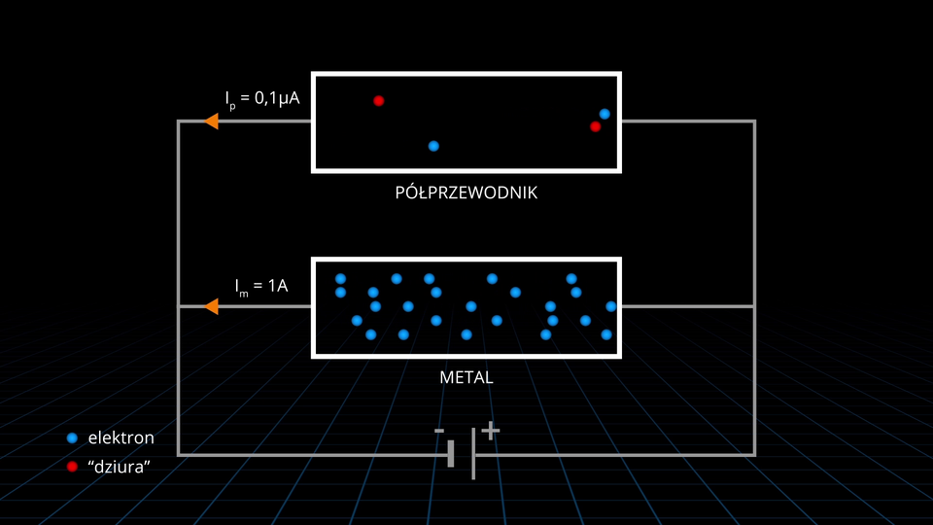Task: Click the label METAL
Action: [x=466, y=377]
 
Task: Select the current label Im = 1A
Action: [x=261, y=286]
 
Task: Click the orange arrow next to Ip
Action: [x=210, y=122]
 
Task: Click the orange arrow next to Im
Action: [x=210, y=306]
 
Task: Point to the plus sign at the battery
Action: [x=491, y=429]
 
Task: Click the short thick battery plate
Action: [x=451, y=453]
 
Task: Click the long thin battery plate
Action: [x=473, y=453]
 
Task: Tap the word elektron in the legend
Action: [x=121, y=437]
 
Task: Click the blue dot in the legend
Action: [x=72, y=437]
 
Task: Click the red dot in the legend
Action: [x=72, y=468]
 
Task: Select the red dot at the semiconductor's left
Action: [x=379, y=100]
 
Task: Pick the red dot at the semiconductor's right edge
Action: [x=596, y=126]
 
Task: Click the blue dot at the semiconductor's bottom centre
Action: [x=433, y=146]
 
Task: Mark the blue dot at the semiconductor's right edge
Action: [x=605, y=114]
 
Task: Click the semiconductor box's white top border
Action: [x=466, y=73]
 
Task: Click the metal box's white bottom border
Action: [x=466, y=354]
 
